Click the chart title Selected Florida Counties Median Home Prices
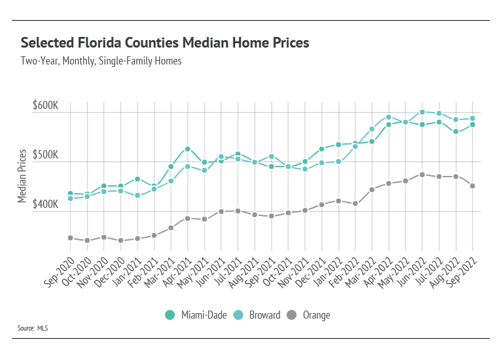(x=165, y=43)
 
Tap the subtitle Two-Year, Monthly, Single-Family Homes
(x=101, y=61)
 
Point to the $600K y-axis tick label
(x=45, y=106)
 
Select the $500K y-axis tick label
(x=45, y=155)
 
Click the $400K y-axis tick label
(x=45, y=205)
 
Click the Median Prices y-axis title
(x=22, y=176)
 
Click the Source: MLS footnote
(x=33, y=328)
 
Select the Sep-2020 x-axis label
(x=62, y=271)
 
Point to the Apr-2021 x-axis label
(x=180, y=271)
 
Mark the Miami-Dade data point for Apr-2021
(x=188, y=149)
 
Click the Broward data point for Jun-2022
(x=423, y=112)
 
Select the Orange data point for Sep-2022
(x=473, y=186)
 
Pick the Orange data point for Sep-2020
(x=70, y=238)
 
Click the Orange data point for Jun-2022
(x=423, y=175)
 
